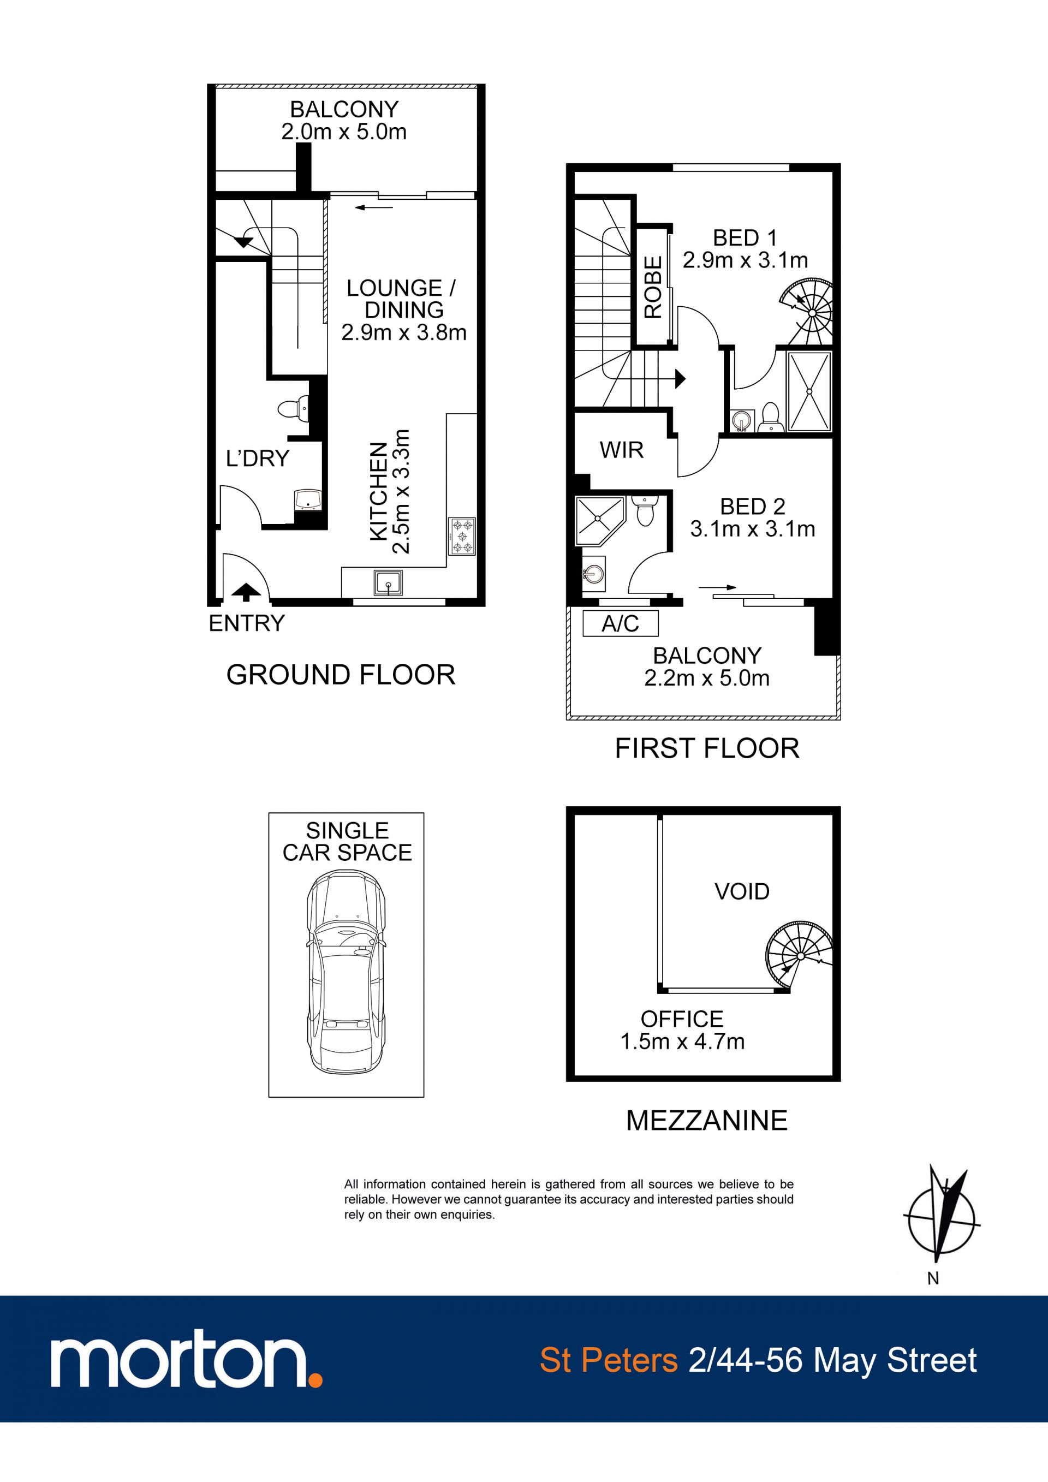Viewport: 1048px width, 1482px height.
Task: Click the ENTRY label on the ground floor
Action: (247, 623)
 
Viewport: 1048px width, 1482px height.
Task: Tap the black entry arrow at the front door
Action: (246, 592)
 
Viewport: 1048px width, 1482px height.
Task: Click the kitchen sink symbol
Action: (389, 583)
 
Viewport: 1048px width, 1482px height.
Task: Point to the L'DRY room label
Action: (258, 459)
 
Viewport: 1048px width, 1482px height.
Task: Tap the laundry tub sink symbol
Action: (308, 500)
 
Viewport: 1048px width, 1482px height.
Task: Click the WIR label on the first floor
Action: (622, 450)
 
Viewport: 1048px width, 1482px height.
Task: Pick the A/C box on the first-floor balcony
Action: (620, 623)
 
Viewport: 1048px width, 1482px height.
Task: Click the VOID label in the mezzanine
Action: (742, 891)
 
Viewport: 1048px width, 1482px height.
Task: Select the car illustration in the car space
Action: (347, 972)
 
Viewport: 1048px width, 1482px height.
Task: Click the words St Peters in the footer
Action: (609, 1361)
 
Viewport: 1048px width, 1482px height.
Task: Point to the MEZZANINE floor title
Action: (707, 1121)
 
